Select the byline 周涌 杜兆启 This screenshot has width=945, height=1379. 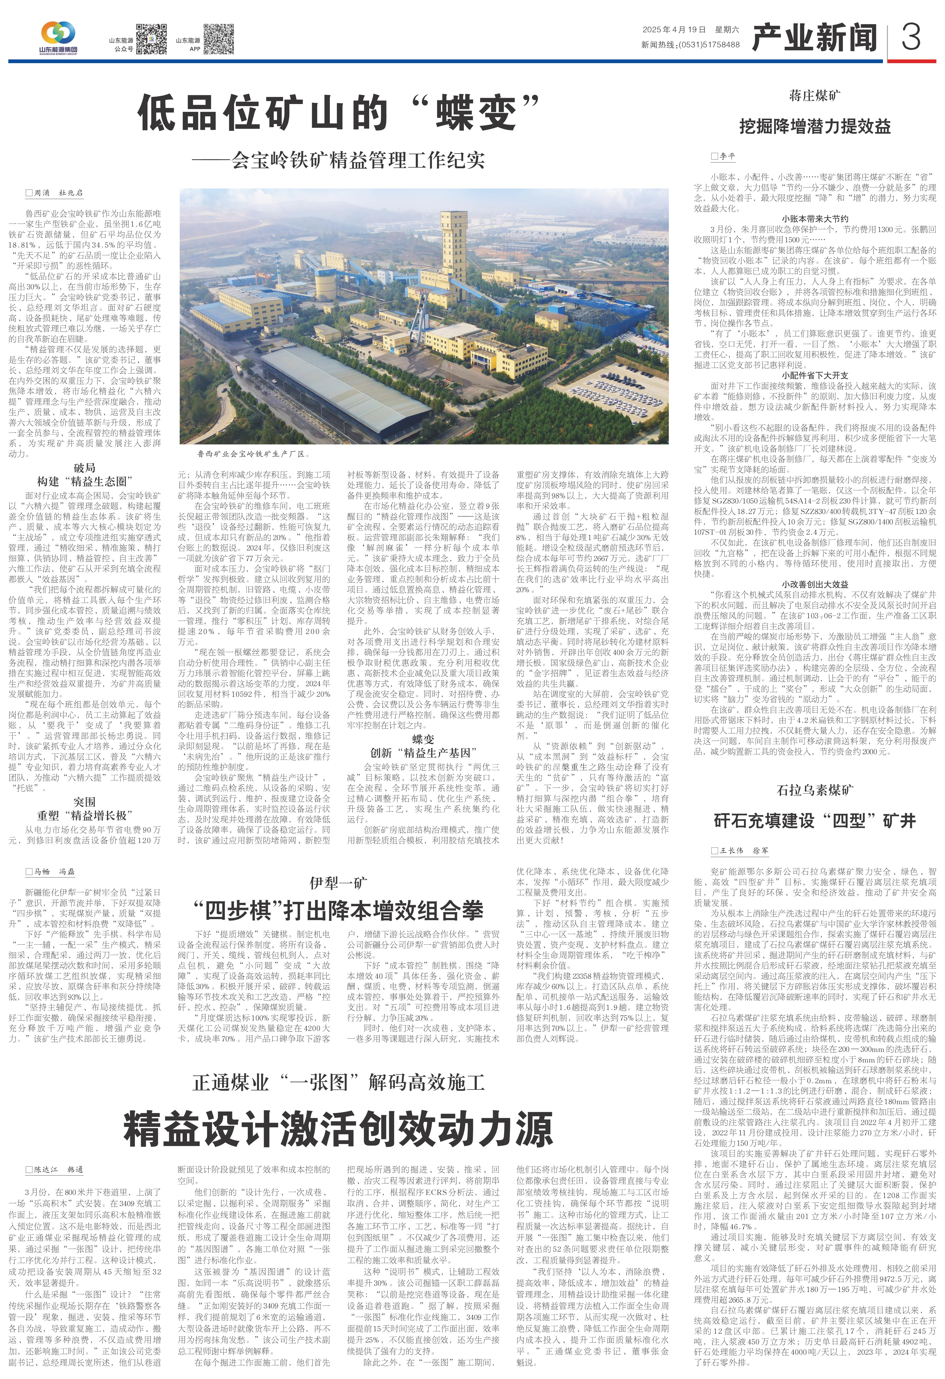54,193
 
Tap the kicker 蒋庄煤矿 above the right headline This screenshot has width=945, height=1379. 814,95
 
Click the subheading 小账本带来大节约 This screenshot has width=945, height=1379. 814,218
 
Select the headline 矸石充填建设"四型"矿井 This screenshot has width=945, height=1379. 814,821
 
